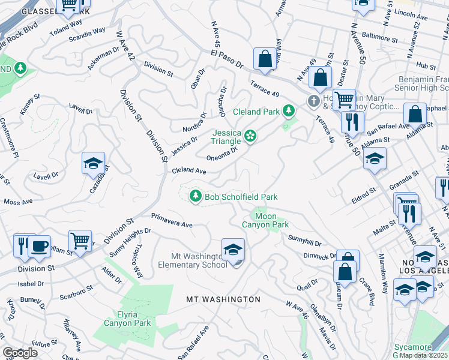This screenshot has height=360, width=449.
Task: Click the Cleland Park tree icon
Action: [289, 111]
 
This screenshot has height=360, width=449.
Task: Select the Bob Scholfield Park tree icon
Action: [195, 196]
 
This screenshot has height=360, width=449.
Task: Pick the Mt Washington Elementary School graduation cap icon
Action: [233, 249]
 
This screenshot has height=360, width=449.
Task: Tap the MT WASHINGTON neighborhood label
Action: [223, 299]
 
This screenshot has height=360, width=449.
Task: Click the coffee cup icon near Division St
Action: [40, 247]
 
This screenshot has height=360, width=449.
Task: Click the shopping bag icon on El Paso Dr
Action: [264, 59]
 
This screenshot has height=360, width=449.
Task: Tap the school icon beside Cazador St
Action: [94, 163]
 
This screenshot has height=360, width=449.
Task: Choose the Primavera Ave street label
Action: [172, 220]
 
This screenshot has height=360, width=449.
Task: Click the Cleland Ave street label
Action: [189, 171]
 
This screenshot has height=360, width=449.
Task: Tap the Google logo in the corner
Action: [20, 353]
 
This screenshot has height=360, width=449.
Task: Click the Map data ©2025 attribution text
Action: [424, 355]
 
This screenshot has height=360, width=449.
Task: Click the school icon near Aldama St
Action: [375, 158]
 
